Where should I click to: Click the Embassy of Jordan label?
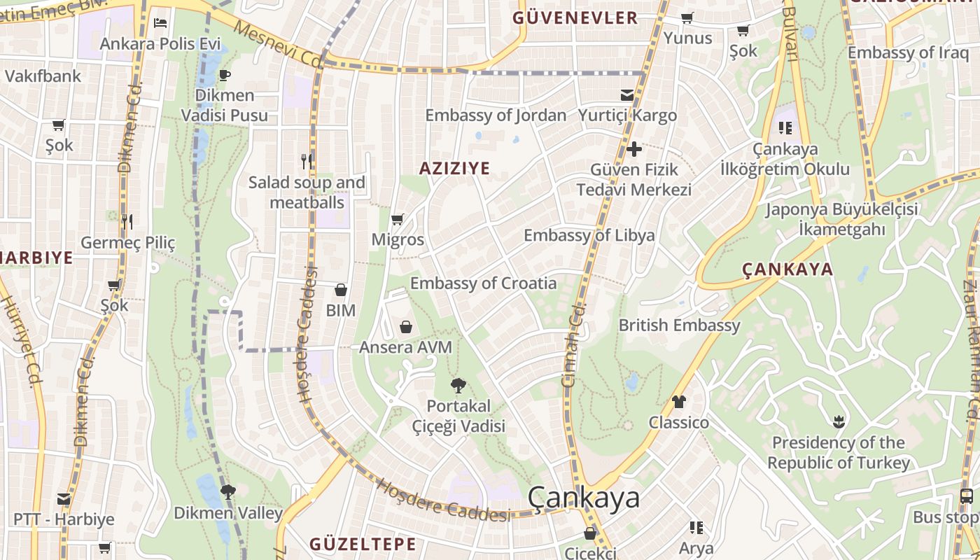click(496, 115)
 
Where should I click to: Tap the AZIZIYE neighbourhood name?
click(454, 168)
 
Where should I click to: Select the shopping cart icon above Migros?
click(397, 220)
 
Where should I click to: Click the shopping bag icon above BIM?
click(341, 290)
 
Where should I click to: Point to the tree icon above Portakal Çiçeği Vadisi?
click(458, 385)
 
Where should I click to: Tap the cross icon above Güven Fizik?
click(633, 149)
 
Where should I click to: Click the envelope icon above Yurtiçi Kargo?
click(627, 95)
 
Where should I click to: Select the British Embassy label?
click(679, 325)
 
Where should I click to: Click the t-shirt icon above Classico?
click(678, 402)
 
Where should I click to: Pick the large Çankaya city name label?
click(583, 498)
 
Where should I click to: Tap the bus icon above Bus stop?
click(966, 497)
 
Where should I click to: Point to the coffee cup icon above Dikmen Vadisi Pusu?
click(224, 75)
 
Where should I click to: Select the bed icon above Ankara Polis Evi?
click(160, 22)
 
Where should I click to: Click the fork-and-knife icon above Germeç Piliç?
click(127, 222)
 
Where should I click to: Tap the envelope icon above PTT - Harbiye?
click(64, 499)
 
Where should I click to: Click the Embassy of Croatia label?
click(483, 283)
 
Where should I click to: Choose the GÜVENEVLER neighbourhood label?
click(575, 18)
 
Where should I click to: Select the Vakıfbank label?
click(43, 76)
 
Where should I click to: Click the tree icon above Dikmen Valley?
click(227, 492)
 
